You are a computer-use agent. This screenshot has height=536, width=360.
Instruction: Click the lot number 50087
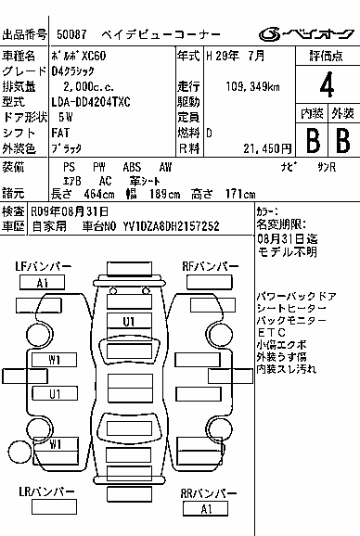[71, 34]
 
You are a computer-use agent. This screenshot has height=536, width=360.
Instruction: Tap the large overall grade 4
[327, 84]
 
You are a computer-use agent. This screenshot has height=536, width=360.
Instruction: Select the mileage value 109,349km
[252, 86]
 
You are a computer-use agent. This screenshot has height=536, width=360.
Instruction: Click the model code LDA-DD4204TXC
[91, 102]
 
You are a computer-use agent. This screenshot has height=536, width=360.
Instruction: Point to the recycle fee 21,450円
[268, 148]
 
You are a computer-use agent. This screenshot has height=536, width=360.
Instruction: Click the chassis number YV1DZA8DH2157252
[172, 226]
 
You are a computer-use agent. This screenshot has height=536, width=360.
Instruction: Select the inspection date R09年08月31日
[70, 211]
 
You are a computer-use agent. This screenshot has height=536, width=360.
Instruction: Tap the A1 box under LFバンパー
[42, 283]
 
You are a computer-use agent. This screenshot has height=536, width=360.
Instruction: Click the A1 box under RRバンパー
[205, 509]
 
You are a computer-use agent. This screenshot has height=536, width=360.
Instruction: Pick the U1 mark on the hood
[129, 322]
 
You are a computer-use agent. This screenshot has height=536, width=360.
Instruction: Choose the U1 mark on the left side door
[55, 394]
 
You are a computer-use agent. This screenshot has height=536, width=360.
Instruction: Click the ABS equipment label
[132, 167]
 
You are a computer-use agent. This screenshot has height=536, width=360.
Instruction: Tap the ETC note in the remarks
[272, 332]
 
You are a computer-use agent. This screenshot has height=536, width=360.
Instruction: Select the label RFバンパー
[211, 266]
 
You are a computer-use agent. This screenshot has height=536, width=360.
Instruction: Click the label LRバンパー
[46, 491]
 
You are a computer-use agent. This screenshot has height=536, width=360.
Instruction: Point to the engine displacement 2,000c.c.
[88, 86]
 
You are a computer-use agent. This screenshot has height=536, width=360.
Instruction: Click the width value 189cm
[164, 194]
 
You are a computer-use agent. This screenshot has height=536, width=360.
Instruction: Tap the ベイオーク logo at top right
[306, 33]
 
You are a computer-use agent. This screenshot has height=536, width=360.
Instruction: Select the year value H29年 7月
[236, 56]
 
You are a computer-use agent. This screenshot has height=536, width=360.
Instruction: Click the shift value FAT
[60, 133]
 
